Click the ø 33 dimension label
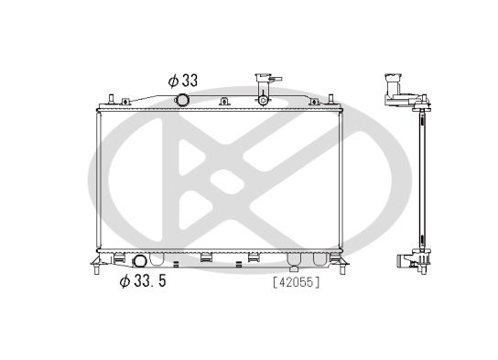tap(183, 80)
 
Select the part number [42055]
tap(296, 282)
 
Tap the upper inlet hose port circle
tap(183, 100)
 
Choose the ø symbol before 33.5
tap(124, 281)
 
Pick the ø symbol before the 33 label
tap(172, 80)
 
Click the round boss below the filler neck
tap(265, 99)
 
